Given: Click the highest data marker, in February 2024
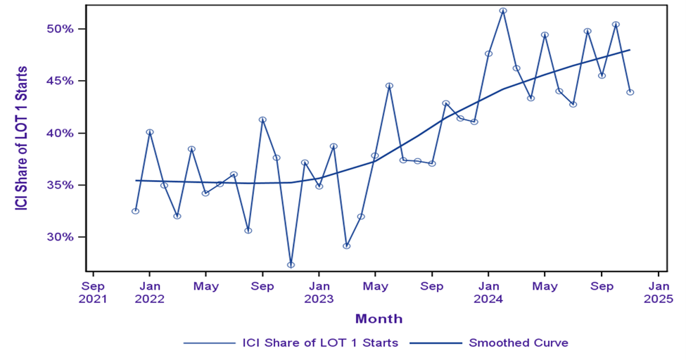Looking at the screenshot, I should click(503, 11).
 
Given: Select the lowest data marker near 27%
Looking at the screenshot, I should click(291, 265).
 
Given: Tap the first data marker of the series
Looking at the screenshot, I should click(135, 211).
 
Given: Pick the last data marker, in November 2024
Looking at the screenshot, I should click(630, 92).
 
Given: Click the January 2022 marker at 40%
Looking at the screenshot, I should click(150, 132).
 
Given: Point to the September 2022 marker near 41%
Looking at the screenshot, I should click(262, 120).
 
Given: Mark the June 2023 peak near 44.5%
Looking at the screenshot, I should click(389, 86).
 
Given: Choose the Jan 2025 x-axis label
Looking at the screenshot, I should click(659, 292).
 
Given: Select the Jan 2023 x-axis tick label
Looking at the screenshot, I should click(319, 292).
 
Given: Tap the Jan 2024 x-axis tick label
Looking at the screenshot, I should click(488, 292).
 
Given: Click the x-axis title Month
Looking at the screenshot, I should click(379, 319).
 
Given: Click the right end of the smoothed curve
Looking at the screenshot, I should click(630, 50).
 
